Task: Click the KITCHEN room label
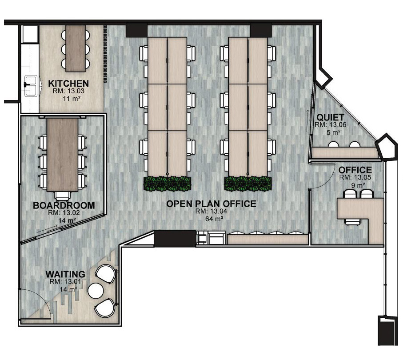(68, 84)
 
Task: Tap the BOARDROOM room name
(64, 205)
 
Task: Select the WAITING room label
(65, 274)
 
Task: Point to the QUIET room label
(330, 117)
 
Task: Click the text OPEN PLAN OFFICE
(211, 204)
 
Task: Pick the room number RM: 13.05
(355, 177)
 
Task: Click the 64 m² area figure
(214, 219)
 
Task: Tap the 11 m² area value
(70, 98)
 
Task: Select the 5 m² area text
(334, 132)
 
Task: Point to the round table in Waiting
(96, 290)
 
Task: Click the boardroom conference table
(63, 155)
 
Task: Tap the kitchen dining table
(76, 48)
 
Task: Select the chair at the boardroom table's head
(63, 196)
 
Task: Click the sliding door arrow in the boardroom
(47, 229)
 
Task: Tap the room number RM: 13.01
(65, 282)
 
